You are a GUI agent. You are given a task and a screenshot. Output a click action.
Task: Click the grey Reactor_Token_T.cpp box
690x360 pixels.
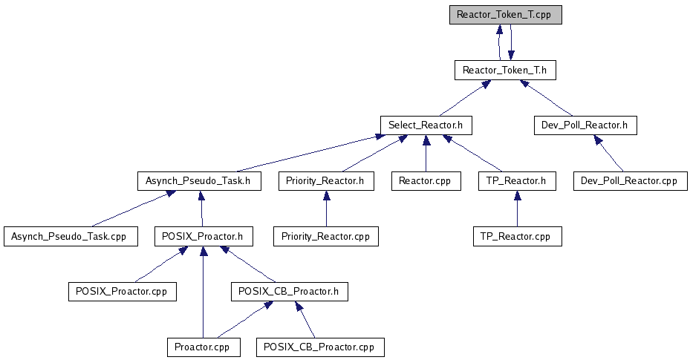click(x=504, y=15)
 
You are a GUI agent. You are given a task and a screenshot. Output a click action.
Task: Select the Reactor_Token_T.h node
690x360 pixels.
click(x=504, y=71)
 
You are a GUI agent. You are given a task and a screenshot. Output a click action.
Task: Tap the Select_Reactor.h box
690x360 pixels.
click(x=426, y=125)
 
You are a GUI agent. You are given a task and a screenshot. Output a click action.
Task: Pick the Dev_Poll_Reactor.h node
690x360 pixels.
click(x=585, y=125)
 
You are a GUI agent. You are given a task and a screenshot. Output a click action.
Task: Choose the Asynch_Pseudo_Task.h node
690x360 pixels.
click(x=199, y=180)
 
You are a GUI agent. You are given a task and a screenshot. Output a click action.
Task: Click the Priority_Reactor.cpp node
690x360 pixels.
click(x=326, y=237)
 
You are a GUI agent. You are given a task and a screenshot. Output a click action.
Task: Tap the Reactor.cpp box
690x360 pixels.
click(x=425, y=180)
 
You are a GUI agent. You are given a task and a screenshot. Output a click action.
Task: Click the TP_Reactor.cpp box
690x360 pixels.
click(x=517, y=237)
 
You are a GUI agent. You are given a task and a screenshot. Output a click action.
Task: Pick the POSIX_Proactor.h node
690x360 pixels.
click(x=204, y=237)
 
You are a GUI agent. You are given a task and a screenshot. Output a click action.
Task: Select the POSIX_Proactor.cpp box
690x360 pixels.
click(x=122, y=291)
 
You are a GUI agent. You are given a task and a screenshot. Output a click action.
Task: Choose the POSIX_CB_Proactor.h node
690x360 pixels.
click(x=290, y=291)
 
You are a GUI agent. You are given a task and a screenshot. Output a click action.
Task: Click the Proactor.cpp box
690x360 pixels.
click(x=203, y=347)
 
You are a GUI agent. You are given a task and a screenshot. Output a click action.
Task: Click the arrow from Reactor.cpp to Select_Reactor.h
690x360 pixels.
click(x=425, y=153)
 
